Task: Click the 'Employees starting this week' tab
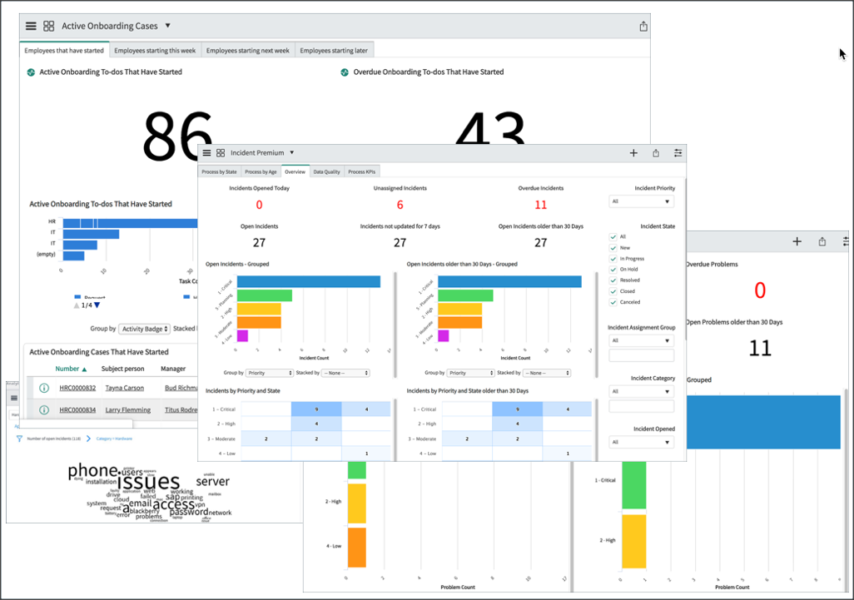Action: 155,51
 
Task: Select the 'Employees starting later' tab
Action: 334,51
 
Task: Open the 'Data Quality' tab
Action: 326,171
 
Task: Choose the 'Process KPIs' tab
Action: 362,171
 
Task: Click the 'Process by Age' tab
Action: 261,171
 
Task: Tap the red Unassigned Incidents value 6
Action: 400,205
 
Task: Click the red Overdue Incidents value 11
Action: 541,205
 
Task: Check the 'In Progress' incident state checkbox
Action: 613,259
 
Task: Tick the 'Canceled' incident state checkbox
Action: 613,302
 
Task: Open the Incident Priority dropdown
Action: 641,201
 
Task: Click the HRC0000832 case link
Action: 77,388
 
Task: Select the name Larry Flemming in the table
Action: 127,410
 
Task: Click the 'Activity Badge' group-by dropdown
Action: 144,329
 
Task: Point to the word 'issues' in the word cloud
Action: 148,482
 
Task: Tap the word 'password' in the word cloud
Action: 189,512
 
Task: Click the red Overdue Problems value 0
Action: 759,290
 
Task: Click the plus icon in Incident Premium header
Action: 633,153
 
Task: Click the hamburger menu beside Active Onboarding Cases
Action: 31,26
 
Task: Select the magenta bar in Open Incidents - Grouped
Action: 242,336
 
